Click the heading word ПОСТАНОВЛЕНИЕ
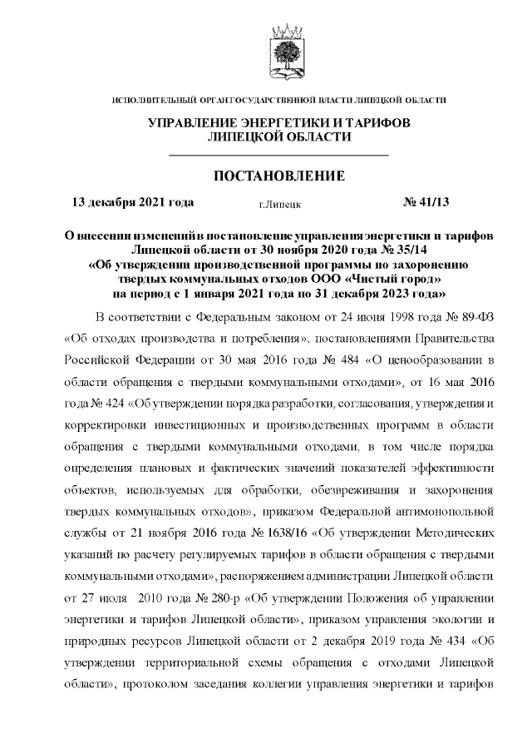coord(279,176)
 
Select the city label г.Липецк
coord(279,203)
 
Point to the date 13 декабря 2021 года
coord(133,201)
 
